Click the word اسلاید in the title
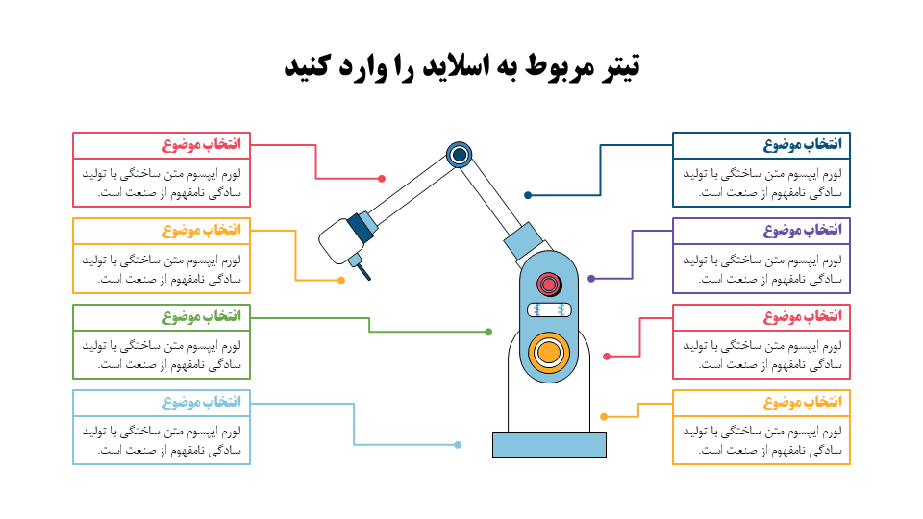pos(456,65)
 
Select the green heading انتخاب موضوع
pos(202,316)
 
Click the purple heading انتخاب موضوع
pos(802,230)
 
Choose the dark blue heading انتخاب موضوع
pos(802,144)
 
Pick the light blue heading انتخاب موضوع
pos(202,402)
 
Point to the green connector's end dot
pos(488,332)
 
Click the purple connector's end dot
pos(591,279)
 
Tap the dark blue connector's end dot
pos(528,195)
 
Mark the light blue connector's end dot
pos(458,445)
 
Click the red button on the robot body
pos(549,284)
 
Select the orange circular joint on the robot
pos(549,353)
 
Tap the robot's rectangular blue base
pos(549,445)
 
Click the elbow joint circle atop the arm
pos(460,156)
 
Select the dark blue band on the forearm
pos(361,228)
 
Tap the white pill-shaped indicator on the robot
pos(549,309)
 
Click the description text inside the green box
pos(162,355)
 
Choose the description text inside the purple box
pos(762,269)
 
